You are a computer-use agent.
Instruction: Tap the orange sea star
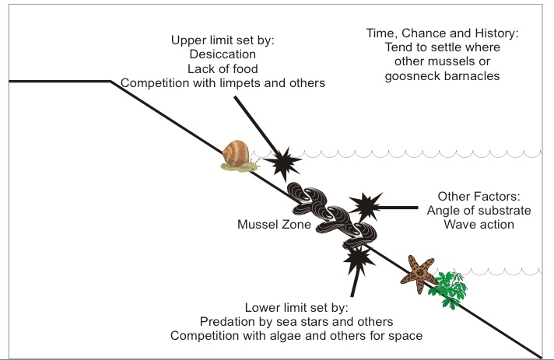(x=419, y=270)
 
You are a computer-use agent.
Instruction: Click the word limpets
(x=237, y=82)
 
